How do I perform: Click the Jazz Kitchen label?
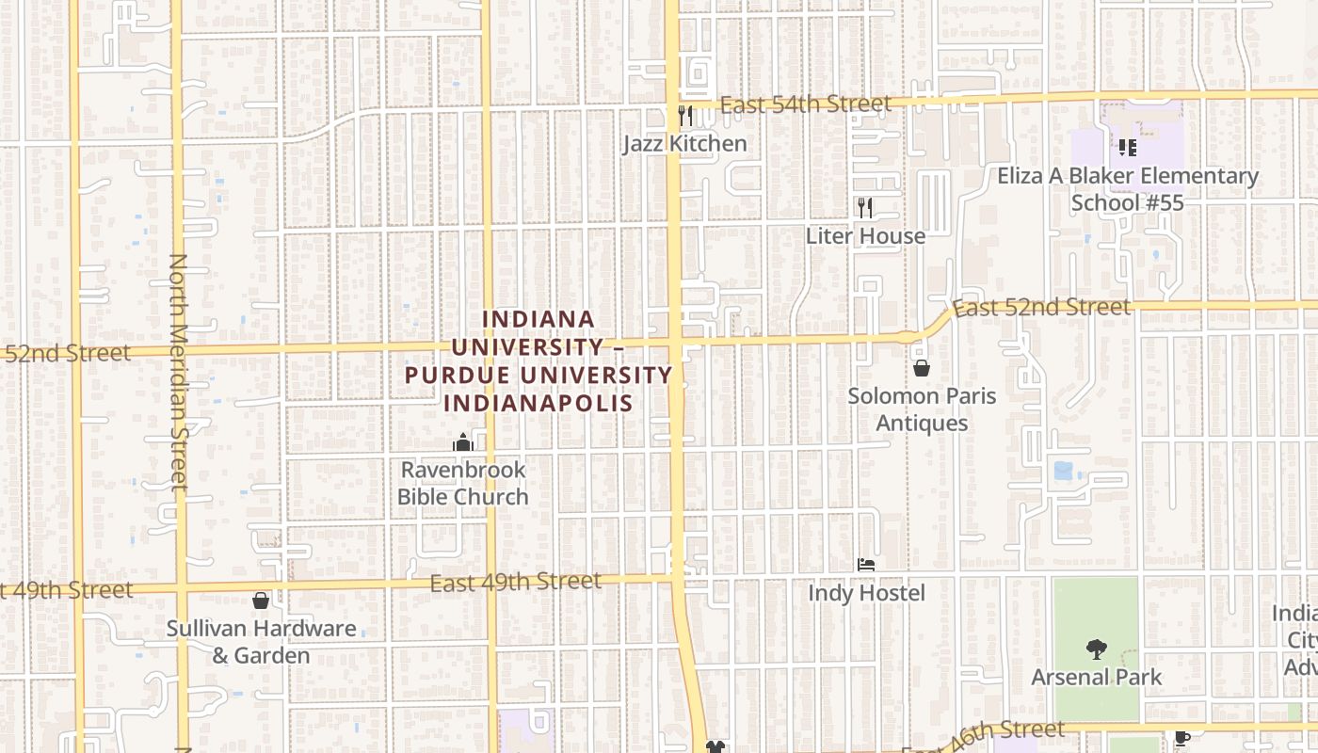(x=685, y=144)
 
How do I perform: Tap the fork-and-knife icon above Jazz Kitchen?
(x=685, y=115)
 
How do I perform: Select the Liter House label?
(x=865, y=236)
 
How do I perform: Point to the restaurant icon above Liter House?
(x=865, y=207)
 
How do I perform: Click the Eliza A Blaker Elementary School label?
(x=1127, y=189)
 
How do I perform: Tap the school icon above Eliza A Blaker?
(x=1127, y=148)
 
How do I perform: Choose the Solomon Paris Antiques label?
(x=922, y=409)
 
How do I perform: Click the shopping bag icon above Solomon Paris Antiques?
(x=922, y=367)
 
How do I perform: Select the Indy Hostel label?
(x=866, y=594)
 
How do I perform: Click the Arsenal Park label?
(x=1096, y=678)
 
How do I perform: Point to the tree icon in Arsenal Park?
(x=1096, y=649)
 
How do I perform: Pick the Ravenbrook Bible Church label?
(x=462, y=483)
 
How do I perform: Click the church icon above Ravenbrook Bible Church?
(x=462, y=441)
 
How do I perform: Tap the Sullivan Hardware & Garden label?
(x=261, y=642)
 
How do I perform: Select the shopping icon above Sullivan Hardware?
(x=261, y=600)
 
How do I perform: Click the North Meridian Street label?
(x=178, y=372)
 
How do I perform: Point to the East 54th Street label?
(x=805, y=104)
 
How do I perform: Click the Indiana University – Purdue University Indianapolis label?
(x=538, y=361)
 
